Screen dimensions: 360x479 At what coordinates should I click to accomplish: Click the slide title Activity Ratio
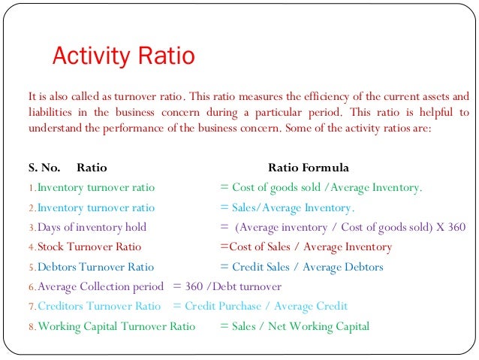(122, 56)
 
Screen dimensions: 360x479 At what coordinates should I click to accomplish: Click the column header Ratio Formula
(308, 168)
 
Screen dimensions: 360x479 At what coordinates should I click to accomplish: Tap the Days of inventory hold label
(92, 227)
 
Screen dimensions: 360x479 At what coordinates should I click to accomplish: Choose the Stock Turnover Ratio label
(89, 247)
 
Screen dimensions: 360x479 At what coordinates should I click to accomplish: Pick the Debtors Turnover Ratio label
(95, 267)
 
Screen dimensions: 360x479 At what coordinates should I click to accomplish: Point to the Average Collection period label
(100, 286)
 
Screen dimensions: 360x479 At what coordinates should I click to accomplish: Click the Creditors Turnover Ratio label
(99, 306)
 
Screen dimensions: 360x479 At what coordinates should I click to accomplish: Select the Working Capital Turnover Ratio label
(116, 326)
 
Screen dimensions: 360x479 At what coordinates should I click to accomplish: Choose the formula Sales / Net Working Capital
(301, 326)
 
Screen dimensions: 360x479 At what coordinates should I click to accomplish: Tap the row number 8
(32, 327)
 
